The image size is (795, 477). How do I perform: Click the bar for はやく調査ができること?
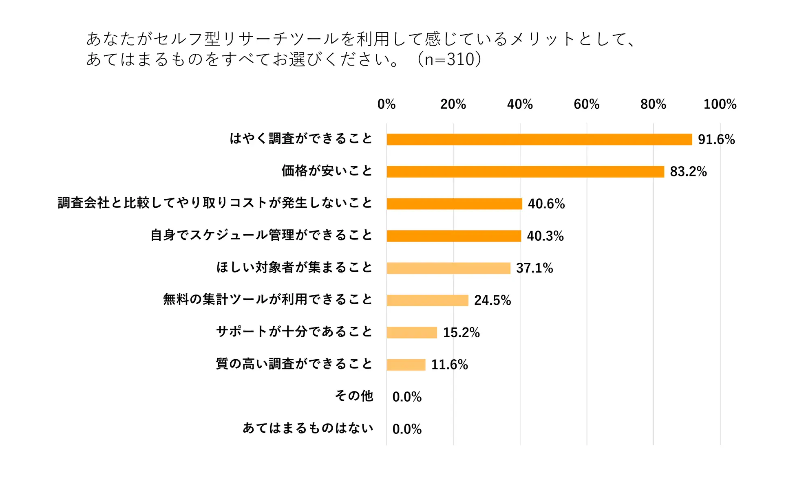coord(539,139)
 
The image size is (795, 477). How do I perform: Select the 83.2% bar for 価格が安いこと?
coord(525,171)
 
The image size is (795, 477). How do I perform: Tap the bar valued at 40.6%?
coord(454,204)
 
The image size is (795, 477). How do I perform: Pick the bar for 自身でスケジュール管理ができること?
coord(454,236)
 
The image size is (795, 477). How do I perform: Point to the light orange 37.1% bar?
coord(448,268)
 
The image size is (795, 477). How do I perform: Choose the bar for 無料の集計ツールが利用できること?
coord(427,300)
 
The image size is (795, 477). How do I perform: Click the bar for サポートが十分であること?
coord(412,332)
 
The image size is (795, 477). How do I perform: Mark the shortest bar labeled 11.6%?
coord(406,365)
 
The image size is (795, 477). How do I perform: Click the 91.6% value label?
coord(716,139)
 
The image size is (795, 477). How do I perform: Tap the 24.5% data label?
coord(492,300)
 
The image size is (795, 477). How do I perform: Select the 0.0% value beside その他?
coord(407,397)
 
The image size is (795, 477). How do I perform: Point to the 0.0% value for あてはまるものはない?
coord(407,429)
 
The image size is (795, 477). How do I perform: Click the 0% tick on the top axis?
coord(386,104)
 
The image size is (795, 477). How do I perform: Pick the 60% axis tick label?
coord(586,104)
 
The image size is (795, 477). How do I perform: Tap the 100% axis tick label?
coord(720,104)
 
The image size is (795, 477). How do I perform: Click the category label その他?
coord(354,396)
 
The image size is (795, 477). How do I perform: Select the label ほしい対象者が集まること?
coord(294,267)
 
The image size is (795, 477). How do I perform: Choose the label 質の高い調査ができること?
coord(294,363)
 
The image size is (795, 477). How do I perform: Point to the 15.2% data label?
coord(462,332)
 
